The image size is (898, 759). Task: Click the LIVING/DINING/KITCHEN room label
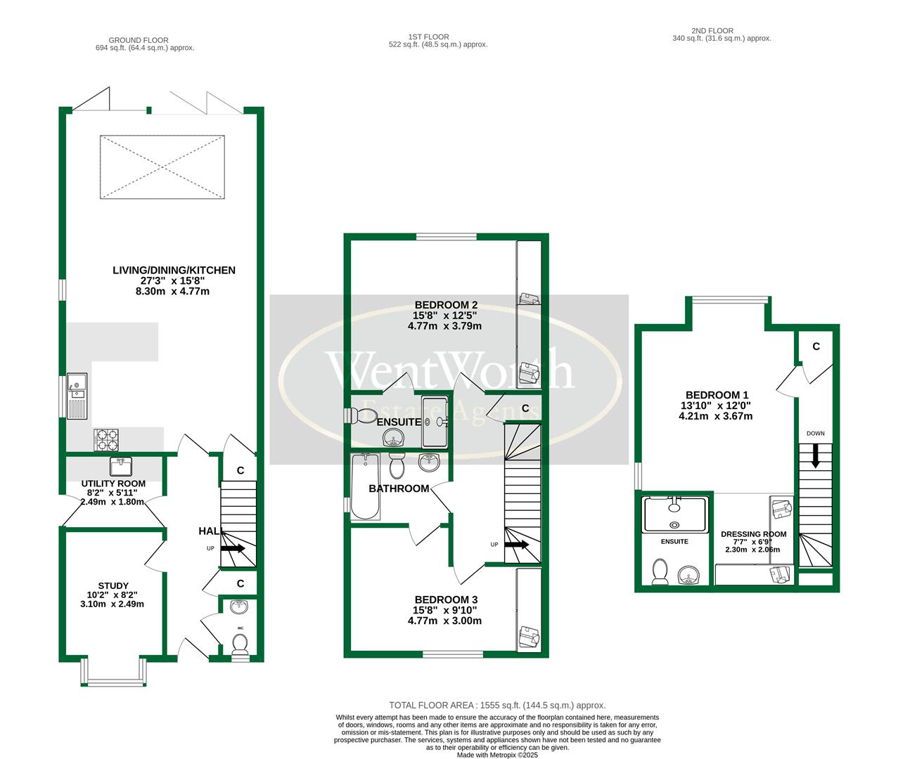click(174, 271)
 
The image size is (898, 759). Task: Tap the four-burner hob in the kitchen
click(106, 440)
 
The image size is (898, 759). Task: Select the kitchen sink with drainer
click(77, 395)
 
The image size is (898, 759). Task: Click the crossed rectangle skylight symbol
click(162, 167)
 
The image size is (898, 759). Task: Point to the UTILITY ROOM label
click(113, 484)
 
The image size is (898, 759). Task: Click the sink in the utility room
click(121, 466)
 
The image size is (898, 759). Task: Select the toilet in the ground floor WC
click(240, 644)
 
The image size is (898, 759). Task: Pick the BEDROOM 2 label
click(444, 305)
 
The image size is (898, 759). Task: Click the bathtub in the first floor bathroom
click(364, 487)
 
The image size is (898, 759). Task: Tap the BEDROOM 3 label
click(444, 599)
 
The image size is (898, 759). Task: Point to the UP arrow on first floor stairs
click(517, 544)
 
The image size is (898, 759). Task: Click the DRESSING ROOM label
click(753, 534)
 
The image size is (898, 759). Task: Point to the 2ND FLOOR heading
click(712, 31)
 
